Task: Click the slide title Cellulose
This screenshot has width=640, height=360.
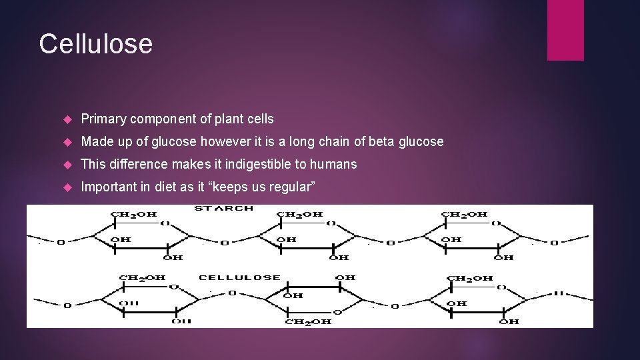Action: pyautogui.click(x=95, y=44)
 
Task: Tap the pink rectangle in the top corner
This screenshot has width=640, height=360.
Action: pyautogui.click(x=565, y=29)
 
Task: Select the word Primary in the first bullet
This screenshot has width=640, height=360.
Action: pyautogui.click(x=103, y=119)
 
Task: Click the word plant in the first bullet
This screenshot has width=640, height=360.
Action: pyautogui.click(x=229, y=119)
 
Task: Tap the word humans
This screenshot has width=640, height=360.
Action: pyautogui.click(x=333, y=164)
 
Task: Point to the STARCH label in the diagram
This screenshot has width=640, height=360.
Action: pyautogui.click(x=223, y=209)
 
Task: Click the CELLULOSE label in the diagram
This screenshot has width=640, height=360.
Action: pyautogui.click(x=240, y=277)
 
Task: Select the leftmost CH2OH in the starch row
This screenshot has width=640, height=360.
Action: pyautogui.click(x=133, y=215)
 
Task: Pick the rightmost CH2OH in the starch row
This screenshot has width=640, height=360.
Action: pyautogui.click(x=464, y=215)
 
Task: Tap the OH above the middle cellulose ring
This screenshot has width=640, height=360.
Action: pyautogui.click(x=345, y=277)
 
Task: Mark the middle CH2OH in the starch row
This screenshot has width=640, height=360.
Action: pyautogui.click(x=299, y=215)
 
